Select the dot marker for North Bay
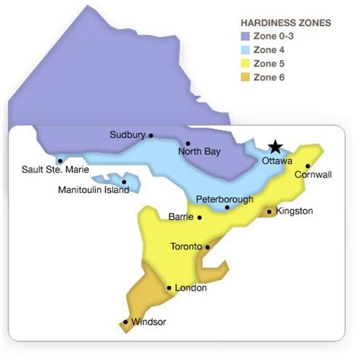(188, 142)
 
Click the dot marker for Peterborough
(227, 208)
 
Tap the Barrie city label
(181, 217)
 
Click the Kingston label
(294, 211)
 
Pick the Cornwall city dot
(308, 166)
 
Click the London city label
(191, 288)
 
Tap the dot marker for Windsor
(125, 322)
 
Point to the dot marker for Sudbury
(151, 135)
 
